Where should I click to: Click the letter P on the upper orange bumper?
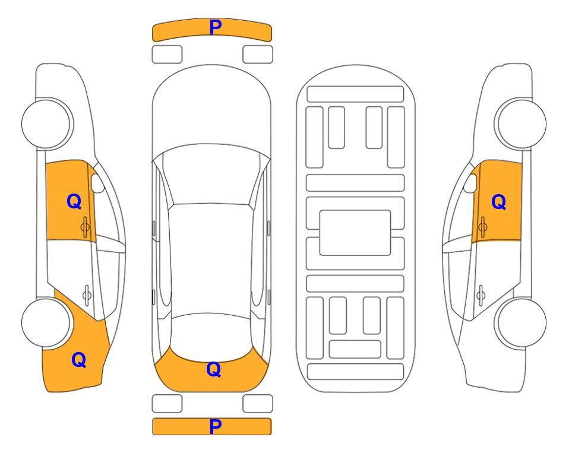coord(215,27)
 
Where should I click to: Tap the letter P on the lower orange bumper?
coord(215,426)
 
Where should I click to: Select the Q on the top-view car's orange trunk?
coord(214,369)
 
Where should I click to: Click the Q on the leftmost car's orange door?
coord(74,201)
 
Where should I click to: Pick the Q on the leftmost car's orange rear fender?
coord(79,360)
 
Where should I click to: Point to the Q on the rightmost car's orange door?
coord(499,202)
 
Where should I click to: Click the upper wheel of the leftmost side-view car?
coord(46,123)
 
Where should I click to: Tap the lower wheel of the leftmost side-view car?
coord(46,322)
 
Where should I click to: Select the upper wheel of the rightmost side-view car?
coord(522,123)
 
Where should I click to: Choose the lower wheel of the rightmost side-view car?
coord(522,322)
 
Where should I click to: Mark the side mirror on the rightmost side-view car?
coord(470,183)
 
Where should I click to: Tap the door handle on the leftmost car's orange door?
coord(85,227)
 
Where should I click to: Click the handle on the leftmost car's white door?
coord(87,294)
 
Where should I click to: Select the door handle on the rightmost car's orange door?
coord(482,227)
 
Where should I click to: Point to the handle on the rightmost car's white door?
coord(481,294)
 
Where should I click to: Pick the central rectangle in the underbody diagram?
coord(355,233)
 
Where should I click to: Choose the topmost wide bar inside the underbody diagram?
coord(355,94)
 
